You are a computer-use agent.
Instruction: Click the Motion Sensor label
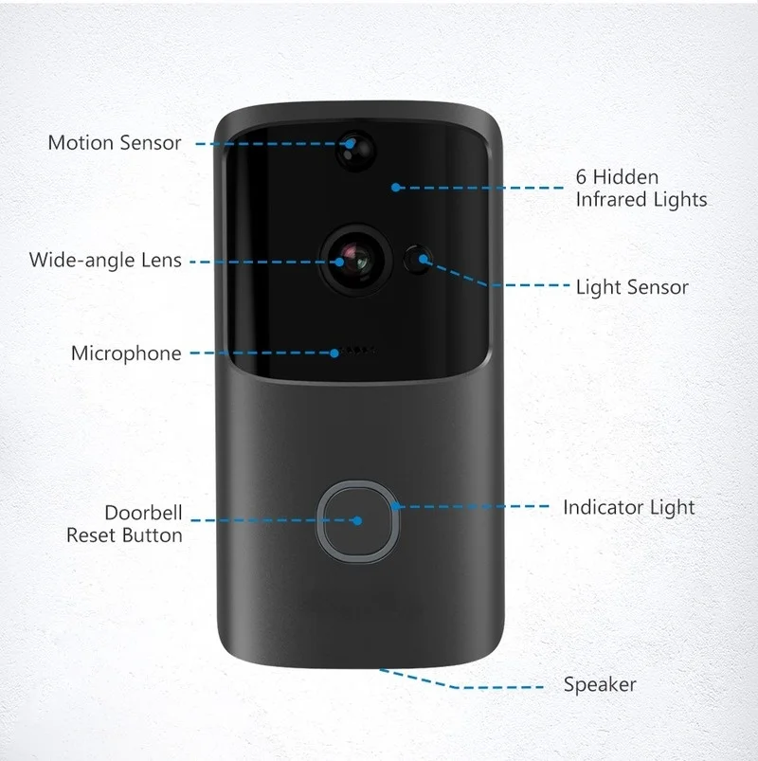point(115,143)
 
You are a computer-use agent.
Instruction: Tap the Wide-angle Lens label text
point(105,260)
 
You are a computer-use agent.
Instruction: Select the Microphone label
point(126,353)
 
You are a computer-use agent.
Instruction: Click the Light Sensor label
point(632,287)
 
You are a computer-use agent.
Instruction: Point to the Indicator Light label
point(629,507)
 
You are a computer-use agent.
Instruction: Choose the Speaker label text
point(600,684)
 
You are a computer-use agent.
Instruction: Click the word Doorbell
point(144,513)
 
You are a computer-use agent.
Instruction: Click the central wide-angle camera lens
point(356,261)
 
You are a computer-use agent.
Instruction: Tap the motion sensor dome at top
point(356,150)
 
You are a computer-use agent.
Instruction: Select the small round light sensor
point(417,260)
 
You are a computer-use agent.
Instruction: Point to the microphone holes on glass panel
point(357,350)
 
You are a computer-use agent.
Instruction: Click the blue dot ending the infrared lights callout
point(396,188)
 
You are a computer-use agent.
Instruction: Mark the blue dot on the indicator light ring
point(395,506)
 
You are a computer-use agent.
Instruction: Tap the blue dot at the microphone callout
point(334,353)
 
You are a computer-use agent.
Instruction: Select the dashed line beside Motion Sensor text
point(272,144)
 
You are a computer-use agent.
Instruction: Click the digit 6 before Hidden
point(581,177)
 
